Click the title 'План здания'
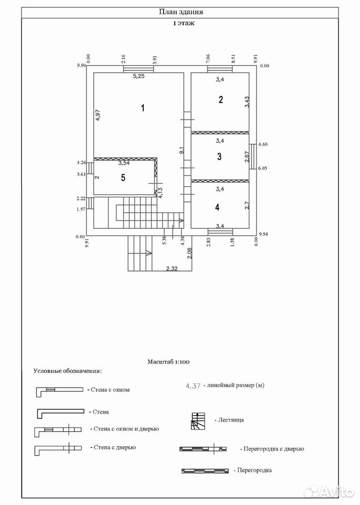point(181,12)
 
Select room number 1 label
point(143,107)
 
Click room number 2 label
point(221,99)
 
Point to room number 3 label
point(219,157)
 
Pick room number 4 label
point(217,207)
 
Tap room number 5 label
point(123,177)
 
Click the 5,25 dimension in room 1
point(139,76)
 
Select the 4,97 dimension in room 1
point(98,115)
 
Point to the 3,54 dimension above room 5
point(124,163)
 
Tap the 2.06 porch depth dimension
point(189,254)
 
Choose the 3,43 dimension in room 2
point(247,102)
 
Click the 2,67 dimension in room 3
point(246,157)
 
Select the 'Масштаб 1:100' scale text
point(168,362)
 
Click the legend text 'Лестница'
point(231,420)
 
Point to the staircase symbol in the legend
point(197,421)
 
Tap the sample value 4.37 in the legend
point(193,386)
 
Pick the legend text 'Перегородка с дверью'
point(274,449)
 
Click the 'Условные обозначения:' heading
point(68,371)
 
